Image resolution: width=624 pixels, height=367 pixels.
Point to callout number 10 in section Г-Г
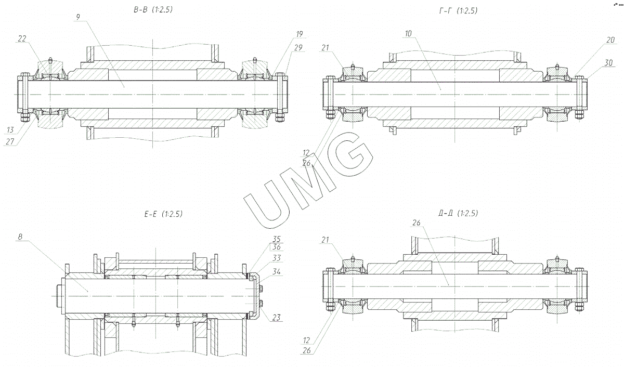pos(408,33)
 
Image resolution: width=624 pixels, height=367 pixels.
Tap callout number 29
pos(299,47)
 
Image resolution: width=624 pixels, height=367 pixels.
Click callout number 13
pos(10,129)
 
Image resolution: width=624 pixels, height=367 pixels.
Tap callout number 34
pos(276,271)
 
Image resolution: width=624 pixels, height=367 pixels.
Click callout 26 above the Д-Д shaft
pos(417,223)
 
